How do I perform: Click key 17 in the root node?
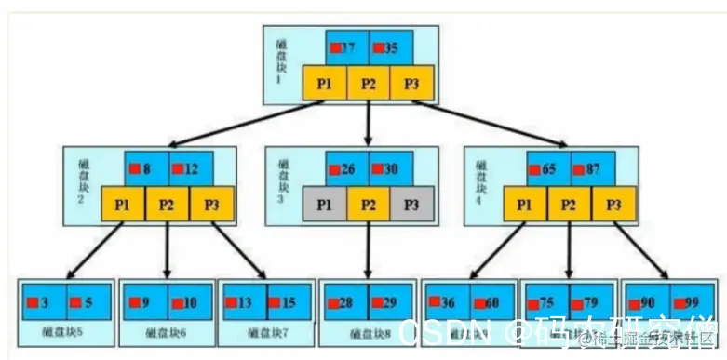coord(346,47)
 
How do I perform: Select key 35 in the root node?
coord(391,47)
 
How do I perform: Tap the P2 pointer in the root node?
coord(369,84)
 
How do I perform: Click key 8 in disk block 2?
coord(146,170)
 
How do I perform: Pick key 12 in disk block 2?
coord(191,170)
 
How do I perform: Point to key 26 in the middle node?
coord(346,170)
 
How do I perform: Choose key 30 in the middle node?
coord(391,170)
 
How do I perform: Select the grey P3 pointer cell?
coord(412,204)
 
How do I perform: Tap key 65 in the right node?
coord(548,170)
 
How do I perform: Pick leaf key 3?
coord(44,301)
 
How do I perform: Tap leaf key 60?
coord(491,301)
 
